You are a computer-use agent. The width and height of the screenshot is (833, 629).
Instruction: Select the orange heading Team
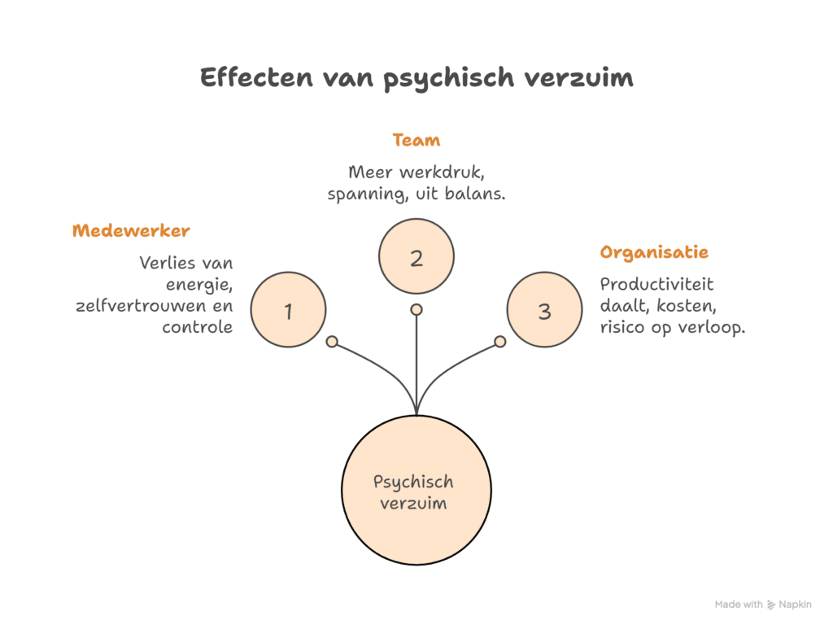click(416, 140)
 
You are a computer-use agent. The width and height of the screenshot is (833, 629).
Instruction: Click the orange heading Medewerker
click(131, 231)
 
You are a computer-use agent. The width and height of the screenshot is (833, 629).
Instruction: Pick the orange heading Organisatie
click(654, 252)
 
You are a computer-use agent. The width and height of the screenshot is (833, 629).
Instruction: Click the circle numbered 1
click(288, 310)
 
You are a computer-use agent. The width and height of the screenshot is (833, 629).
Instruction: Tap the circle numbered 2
click(416, 258)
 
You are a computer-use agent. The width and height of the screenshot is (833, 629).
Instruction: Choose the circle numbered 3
click(545, 310)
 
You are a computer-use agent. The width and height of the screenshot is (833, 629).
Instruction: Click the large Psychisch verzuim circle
click(416, 492)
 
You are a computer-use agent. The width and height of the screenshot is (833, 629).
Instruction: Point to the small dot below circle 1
click(332, 342)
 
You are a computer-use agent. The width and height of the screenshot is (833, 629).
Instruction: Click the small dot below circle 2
click(416, 309)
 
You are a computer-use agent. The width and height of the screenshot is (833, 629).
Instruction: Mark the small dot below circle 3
click(500, 342)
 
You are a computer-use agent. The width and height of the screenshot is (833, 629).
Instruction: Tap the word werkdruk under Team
click(442, 173)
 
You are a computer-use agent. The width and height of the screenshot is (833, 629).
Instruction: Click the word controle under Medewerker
click(197, 327)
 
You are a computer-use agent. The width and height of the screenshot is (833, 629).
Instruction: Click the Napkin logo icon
click(772, 605)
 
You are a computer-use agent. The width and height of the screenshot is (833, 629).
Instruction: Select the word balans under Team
click(475, 194)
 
